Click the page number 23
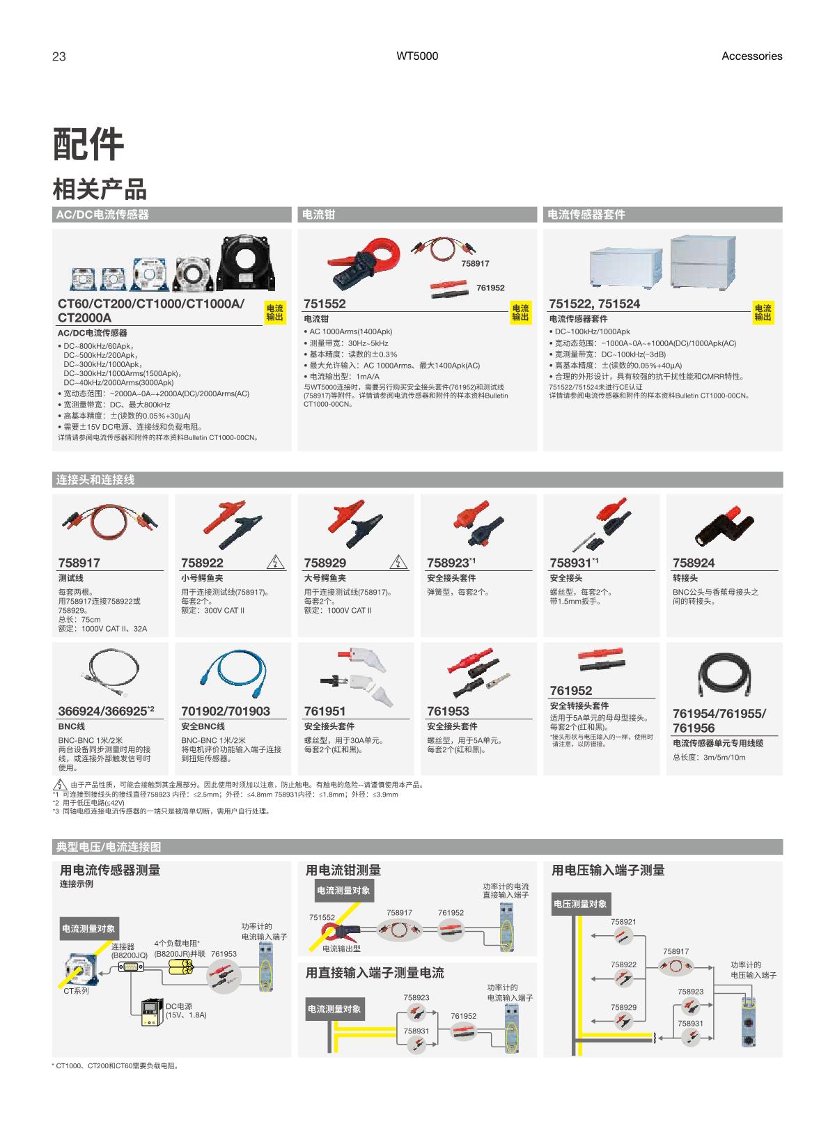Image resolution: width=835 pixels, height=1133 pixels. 58,56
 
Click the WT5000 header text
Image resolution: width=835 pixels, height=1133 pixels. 417,56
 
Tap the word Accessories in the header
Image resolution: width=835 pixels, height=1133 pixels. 751,56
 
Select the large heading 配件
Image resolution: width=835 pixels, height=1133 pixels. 88,144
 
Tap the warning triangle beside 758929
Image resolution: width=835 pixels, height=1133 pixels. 398,562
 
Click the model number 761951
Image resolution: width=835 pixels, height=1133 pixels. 325,711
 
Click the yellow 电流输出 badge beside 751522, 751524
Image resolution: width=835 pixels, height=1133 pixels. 763,313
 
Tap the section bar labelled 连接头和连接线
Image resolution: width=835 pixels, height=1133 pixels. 417,480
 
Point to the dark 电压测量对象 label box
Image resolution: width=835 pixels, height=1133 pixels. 580,904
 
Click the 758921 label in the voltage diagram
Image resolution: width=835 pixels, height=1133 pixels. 623,921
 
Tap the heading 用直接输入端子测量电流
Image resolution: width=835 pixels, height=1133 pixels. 375,973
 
